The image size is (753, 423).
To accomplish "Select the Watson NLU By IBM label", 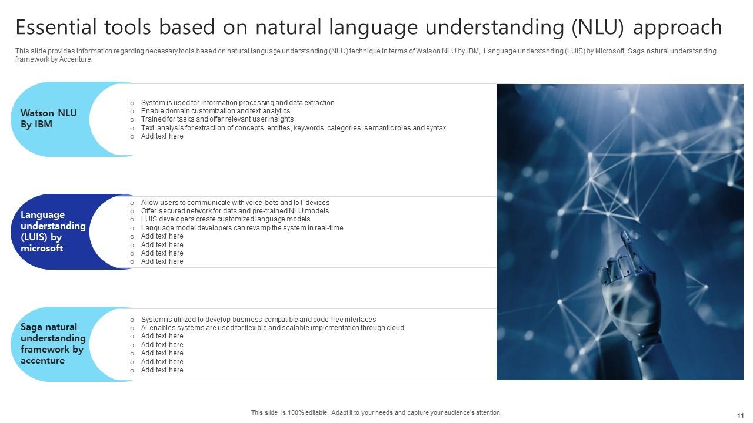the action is point(49,119).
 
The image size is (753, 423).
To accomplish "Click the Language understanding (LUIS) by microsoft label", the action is point(53,231).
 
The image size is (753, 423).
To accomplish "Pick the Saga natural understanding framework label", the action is point(53,344).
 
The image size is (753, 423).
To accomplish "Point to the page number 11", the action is point(740,415).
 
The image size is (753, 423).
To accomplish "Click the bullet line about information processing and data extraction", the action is point(238,103).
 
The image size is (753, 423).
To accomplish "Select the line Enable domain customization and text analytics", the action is point(215,111).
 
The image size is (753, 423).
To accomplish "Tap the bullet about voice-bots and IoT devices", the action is point(235,203).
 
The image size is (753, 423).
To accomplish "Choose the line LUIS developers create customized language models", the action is point(225,219).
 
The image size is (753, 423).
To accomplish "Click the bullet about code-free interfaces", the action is point(258,319).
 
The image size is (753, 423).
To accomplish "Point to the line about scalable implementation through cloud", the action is point(272,328).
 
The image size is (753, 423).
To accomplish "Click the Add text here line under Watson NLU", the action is point(162,136).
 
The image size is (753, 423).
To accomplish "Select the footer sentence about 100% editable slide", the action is point(376,412).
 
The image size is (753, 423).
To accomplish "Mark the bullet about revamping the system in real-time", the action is point(242,228).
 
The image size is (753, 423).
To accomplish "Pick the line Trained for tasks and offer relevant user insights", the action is point(217,119).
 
